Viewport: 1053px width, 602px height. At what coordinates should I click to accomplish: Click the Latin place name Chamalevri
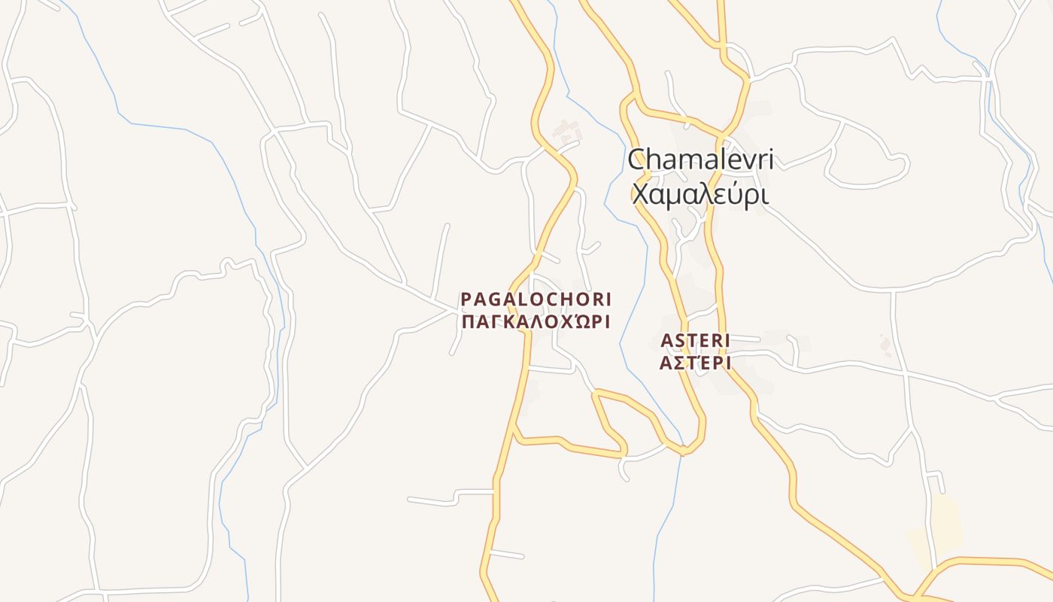coord(700,160)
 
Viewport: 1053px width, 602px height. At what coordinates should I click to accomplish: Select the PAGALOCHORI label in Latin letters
coord(536,299)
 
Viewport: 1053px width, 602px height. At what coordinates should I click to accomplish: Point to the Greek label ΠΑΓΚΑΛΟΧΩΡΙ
coord(536,322)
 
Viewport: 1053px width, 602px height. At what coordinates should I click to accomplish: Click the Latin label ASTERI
coord(695,341)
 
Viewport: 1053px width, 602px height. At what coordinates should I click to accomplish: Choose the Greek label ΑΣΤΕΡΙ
coord(695,363)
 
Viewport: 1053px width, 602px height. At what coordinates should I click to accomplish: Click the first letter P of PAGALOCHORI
coord(466,299)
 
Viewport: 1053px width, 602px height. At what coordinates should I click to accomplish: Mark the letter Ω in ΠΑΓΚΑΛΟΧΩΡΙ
coord(576,322)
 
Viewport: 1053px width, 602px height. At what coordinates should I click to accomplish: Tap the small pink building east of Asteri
coord(886,345)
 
